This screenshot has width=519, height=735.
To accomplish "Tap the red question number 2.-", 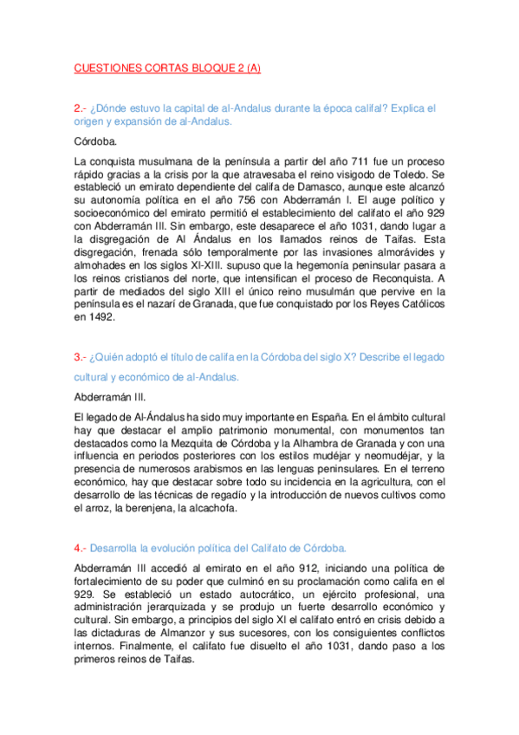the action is tap(81, 108).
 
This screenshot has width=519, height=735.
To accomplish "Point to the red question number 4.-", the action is tap(81, 548).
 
